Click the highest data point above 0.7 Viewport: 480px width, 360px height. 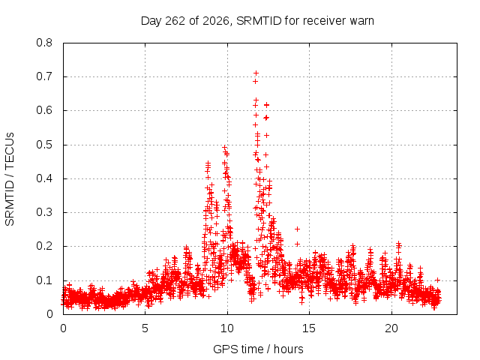pos(256,73)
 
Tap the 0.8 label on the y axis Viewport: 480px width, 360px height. pos(44,43)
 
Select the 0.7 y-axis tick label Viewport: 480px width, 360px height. pos(44,76)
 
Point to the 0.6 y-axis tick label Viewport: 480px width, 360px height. pos(44,110)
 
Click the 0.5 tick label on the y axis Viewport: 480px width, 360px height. pos(44,145)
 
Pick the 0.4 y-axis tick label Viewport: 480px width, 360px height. pos(44,178)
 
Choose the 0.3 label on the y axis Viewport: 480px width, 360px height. pos(44,212)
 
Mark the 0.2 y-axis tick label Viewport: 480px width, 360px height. pos(44,246)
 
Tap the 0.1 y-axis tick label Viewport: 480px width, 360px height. pos(44,280)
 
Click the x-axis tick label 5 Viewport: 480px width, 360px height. pos(145,328)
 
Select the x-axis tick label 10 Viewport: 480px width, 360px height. pos(227,328)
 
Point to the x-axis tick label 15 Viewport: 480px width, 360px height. pos(309,328)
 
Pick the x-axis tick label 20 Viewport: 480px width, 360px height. pos(391,328)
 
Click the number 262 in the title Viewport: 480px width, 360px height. pos(175,21)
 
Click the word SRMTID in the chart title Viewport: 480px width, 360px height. pos(259,21)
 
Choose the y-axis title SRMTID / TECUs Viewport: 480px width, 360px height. pos(10,179)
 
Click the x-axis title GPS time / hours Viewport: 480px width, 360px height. pos(258,349)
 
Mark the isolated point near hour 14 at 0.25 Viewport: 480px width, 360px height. pos(297,229)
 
